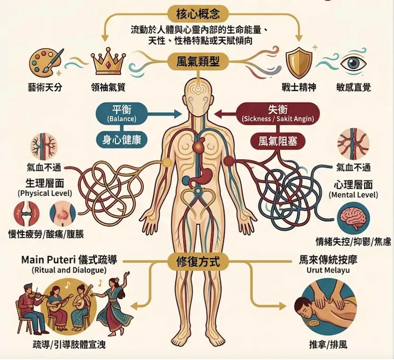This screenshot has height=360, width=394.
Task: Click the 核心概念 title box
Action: point(198,13)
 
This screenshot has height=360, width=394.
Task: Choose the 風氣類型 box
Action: point(198,62)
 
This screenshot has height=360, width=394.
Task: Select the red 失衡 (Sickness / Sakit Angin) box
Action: point(277,113)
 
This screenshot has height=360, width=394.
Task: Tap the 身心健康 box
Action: point(121,139)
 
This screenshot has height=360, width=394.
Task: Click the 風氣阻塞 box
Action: point(277,141)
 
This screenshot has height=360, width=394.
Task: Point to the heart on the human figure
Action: point(198,145)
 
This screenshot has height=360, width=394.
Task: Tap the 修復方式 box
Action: point(198,262)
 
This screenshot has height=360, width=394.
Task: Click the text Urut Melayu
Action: point(328,270)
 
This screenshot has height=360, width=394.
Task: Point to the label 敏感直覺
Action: point(354,87)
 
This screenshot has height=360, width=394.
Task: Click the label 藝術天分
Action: point(45,87)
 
